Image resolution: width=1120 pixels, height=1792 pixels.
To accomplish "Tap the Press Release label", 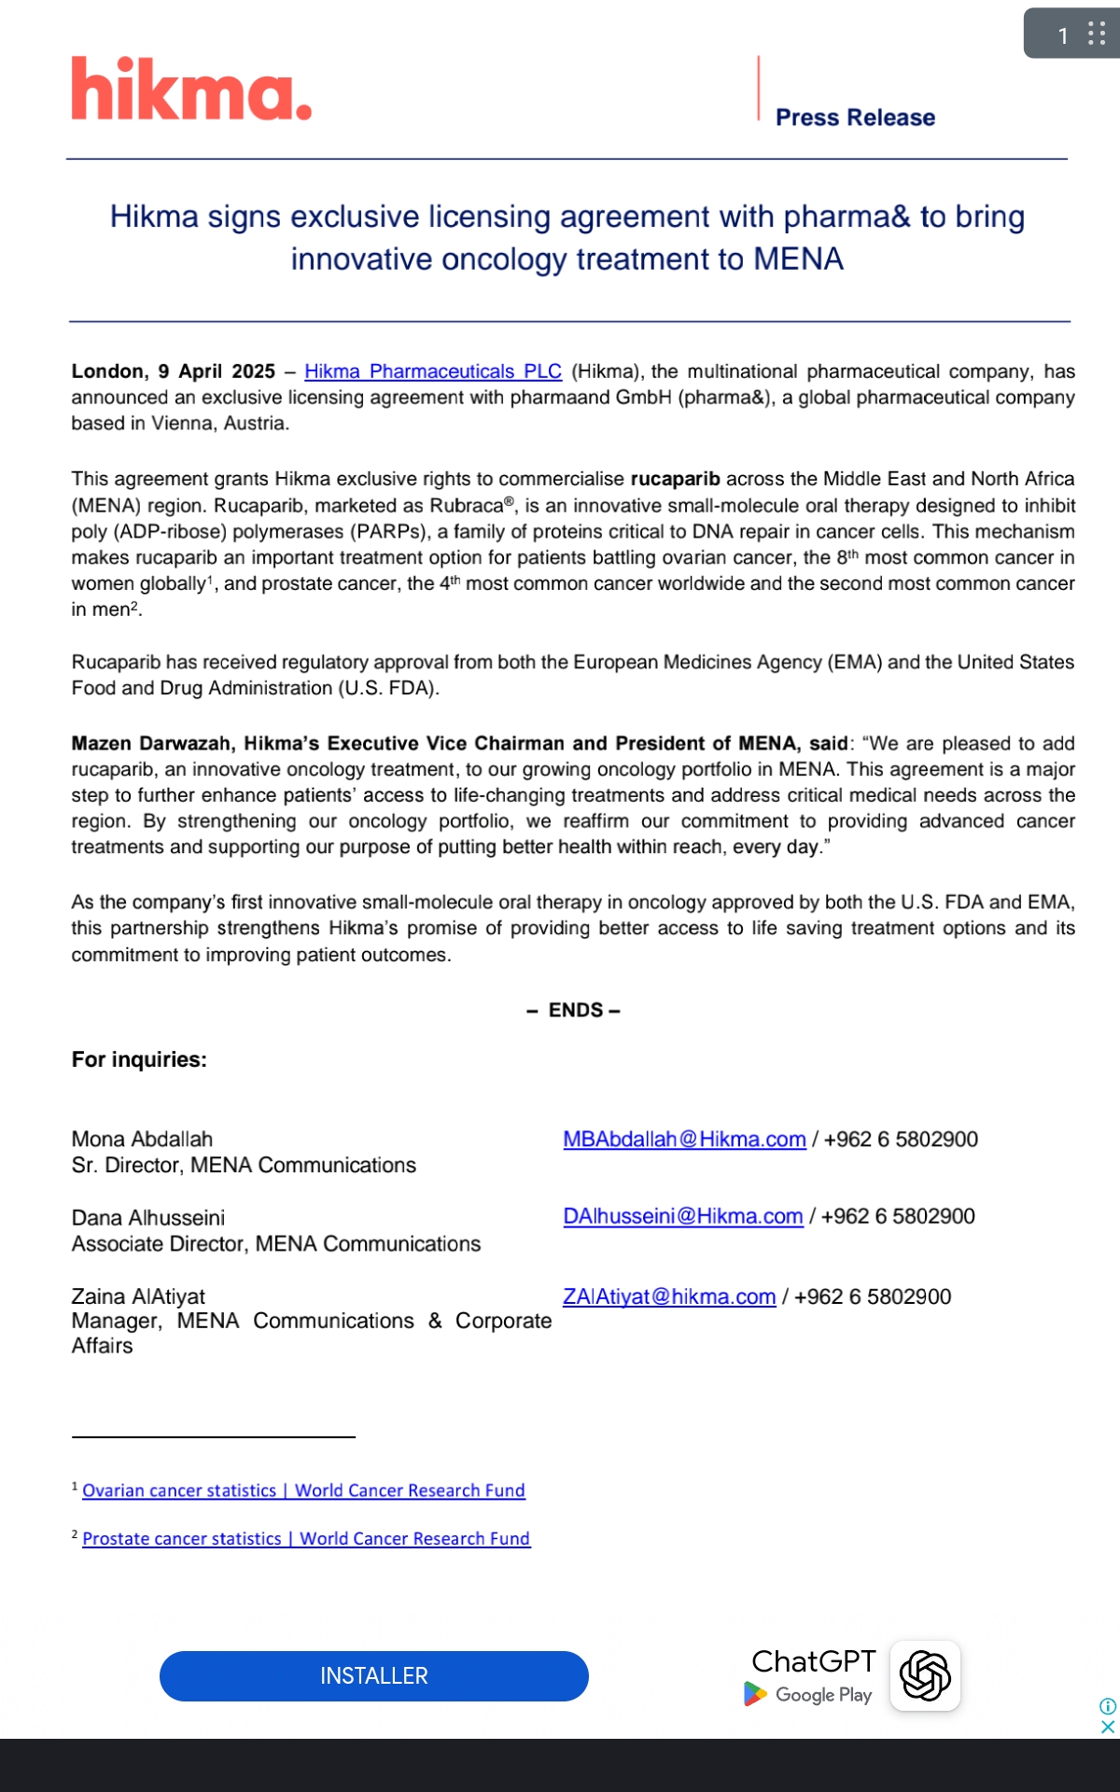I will pyautogui.click(x=855, y=118).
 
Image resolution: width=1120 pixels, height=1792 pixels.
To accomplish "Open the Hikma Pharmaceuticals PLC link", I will pyautogui.click(x=433, y=371).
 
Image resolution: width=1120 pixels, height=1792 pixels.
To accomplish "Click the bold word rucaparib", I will pyautogui.click(x=675, y=479).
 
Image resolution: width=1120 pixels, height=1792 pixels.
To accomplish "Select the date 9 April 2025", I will pyautogui.click(x=216, y=371).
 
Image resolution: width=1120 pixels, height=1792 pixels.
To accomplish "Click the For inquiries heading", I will pyautogui.click(x=139, y=1059).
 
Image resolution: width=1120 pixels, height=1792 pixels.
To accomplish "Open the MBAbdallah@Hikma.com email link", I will pyautogui.click(x=684, y=1140).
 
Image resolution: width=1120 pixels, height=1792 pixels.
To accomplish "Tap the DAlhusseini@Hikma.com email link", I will pyautogui.click(x=682, y=1216).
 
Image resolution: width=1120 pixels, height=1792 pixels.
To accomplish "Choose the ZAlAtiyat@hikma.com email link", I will pyautogui.click(x=669, y=1296).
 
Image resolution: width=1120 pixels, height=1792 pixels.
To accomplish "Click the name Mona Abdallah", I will pyautogui.click(x=142, y=1140).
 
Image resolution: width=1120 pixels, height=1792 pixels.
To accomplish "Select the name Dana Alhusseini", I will pyautogui.click(x=147, y=1218).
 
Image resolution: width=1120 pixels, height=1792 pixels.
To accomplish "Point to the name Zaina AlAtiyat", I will pyautogui.click(x=138, y=1296).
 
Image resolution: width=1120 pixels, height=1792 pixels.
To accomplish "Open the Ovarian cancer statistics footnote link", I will pyautogui.click(x=303, y=1491).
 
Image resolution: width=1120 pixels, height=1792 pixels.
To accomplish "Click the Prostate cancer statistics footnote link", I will pyautogui.click(x=306, y=1539).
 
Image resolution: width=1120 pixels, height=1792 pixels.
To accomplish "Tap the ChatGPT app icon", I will pyautogui.click(x=925, y=1675).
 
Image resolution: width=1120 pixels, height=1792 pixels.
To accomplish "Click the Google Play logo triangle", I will pyautogui.click(x=754, y=1694).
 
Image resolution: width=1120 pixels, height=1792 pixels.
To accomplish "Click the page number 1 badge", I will pyautogui.click(x=1063, y=35).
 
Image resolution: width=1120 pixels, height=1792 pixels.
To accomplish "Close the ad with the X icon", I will pyautogui.click(x=1108, y=1727).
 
